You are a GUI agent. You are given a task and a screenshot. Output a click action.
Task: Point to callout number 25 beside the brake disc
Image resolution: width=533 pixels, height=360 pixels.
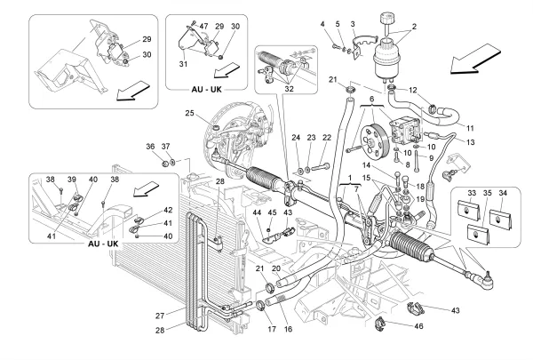point(190,113)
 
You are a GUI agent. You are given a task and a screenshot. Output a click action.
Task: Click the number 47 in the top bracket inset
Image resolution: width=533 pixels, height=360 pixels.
point(203,28)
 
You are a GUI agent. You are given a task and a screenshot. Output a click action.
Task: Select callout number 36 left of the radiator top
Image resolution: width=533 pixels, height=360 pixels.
point(150,146)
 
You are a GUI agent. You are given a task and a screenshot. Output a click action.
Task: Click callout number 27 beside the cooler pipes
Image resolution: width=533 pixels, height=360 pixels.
point(161,314)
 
